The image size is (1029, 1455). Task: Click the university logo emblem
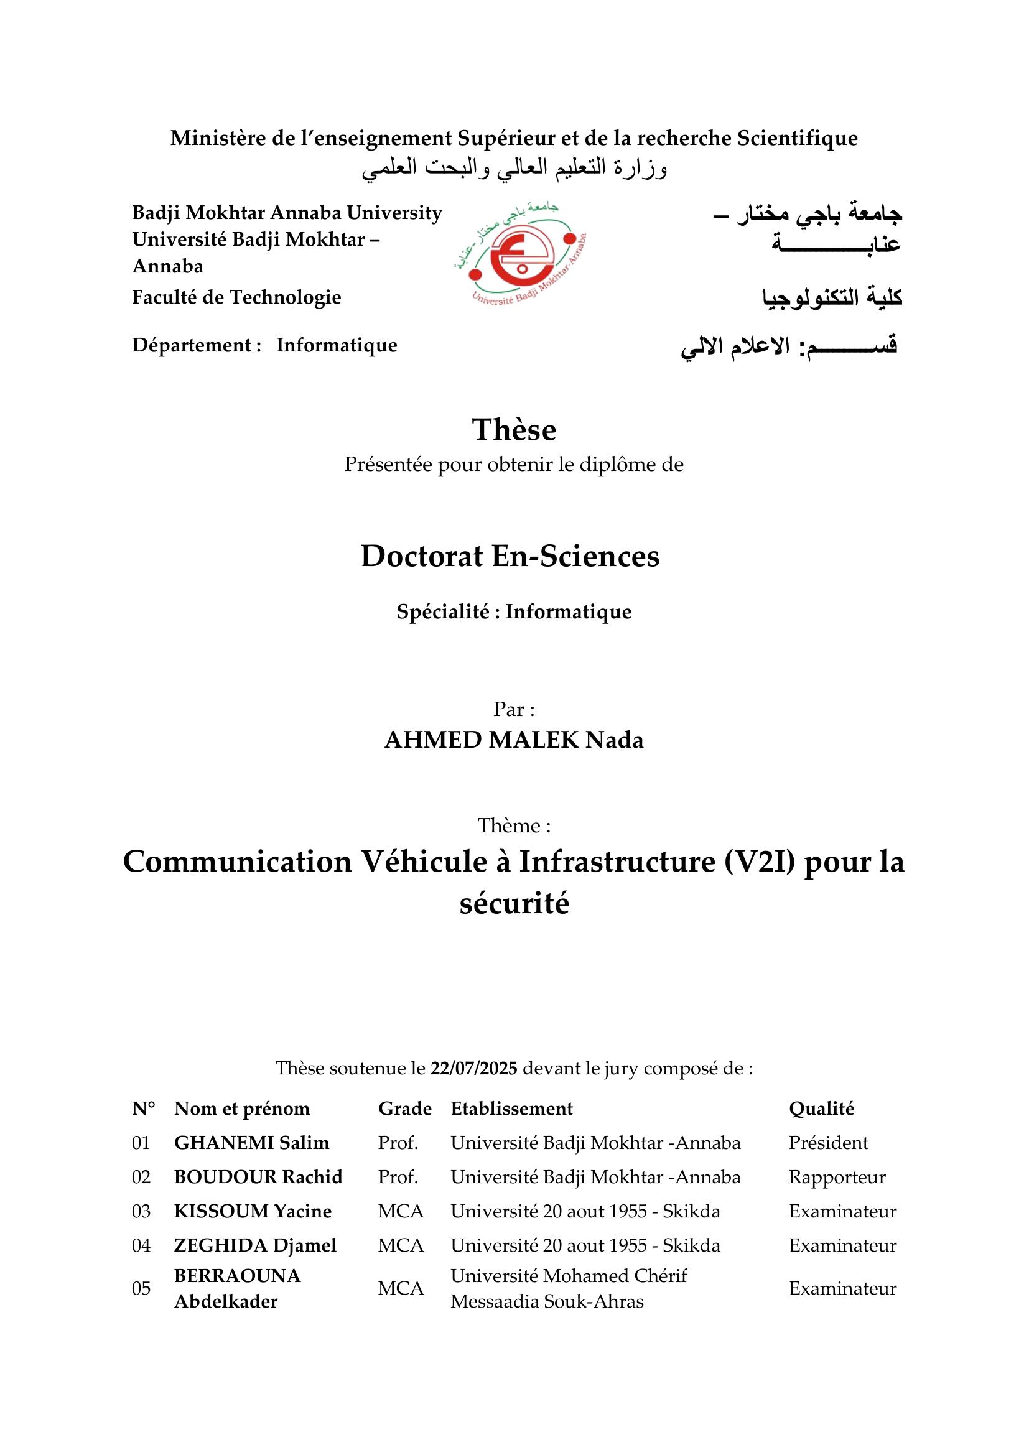519,256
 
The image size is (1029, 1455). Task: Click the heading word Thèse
514,430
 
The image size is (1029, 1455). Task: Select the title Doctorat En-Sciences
510,556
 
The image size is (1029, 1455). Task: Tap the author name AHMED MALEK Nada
514,740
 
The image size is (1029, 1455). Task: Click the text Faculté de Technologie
236,297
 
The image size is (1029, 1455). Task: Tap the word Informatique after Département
337,345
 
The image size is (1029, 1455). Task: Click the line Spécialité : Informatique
514,611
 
